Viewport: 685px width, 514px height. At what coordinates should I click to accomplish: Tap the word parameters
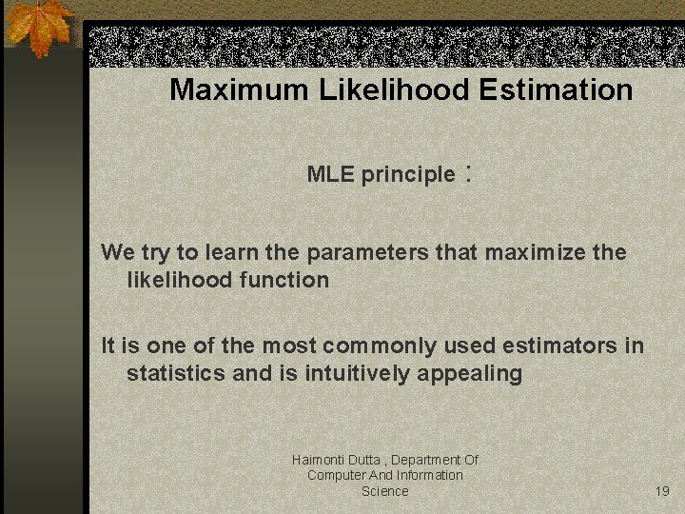[x=368, y=253]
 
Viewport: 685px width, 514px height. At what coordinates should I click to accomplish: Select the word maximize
[x=524, y=252]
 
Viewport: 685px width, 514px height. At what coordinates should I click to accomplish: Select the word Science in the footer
[x=385, y=491]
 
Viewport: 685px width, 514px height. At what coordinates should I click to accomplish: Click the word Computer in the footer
[x=337, y=475]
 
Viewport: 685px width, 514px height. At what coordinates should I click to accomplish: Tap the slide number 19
[x=662, y=491]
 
